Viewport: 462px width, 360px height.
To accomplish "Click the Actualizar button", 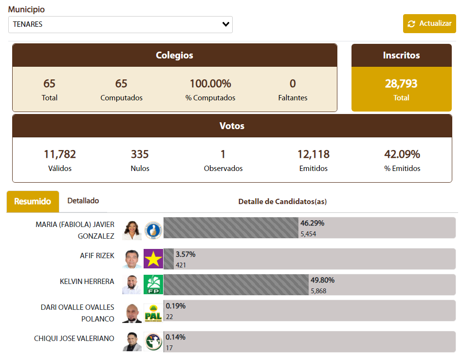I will (x=429, y=23).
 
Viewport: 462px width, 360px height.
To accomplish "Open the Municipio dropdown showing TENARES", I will (x=120, y=24).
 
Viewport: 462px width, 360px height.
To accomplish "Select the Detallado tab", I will (x=83, y=201).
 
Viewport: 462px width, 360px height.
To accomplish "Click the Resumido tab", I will (x=33, y=201).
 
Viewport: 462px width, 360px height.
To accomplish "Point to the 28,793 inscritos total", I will (x=401, y=84).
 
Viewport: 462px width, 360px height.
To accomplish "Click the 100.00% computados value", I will (x=210, y=84).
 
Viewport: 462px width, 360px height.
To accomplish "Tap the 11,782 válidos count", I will (x=60, y=154).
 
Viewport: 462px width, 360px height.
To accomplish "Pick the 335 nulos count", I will (x=140, y=154).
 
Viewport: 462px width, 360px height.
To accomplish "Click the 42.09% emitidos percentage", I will (x=402, y=154).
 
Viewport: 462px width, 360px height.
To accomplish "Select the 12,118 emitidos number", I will (x=314, y=154).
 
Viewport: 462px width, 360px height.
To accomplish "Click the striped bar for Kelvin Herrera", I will (x=237, y=284).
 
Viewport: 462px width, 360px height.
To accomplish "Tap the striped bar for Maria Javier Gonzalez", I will (x=231, y=228).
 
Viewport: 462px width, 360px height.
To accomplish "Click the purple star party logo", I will (x=153, y=259).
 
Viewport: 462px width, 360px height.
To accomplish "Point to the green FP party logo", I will (x=153, y=284).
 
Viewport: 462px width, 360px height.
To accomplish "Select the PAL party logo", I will (x=153, y=313).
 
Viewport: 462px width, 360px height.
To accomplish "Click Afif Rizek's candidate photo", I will (x=132, y=259).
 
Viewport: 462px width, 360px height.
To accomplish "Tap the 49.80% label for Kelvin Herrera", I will (x=323, y=280).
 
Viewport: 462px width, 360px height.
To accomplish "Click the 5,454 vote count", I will (x=309, y=234).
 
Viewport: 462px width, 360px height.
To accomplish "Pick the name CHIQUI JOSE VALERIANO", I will (x=74, y=338).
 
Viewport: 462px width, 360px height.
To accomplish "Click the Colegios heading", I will (x=174, y=55).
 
